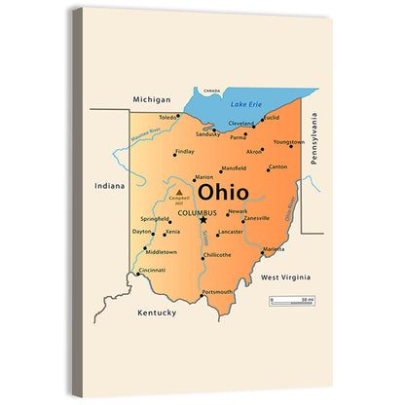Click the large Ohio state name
pos(222,193)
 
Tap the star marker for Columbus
pos(203,220)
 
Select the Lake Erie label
pos(246,104)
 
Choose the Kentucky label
pos(157,313)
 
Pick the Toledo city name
pos(169,117)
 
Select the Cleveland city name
pos(241,124)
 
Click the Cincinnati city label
pos(152,270)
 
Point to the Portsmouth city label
pos(216,292)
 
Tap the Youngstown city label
pos(289,142)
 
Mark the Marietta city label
pos(274,249)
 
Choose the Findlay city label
pos(184,152)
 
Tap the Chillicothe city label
pos(216,255)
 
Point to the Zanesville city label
pos(256,219)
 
